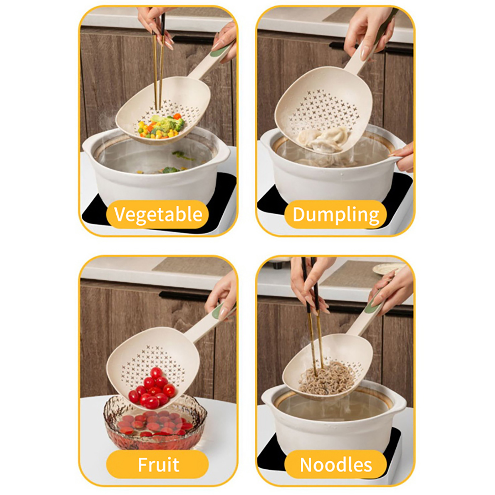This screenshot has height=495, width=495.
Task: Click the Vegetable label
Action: click(x=158, y=214)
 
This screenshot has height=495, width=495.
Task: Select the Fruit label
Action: click(x=158, y=464)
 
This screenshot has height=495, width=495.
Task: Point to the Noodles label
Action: click(x=336, y=464)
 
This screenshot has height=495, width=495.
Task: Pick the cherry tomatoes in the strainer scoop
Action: click(x=152, y=389)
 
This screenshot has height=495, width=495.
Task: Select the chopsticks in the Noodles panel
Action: click(x=313, y=319)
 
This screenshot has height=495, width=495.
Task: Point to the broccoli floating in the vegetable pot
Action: click(x=172, y=170)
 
